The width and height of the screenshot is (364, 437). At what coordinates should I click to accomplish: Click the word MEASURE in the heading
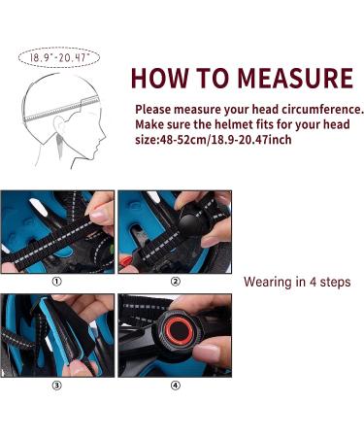point(295,79)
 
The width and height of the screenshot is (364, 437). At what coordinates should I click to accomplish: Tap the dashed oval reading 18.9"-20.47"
point(59,57)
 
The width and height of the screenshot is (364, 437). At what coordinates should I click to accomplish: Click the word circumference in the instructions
point(321,110)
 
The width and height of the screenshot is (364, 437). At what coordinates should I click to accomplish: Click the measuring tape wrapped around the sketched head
point(61,108)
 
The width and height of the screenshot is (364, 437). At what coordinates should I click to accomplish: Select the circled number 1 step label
point(56,282)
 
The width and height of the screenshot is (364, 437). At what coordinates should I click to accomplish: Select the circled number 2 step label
point(175,282)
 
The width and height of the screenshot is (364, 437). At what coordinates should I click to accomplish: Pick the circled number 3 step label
point(56,386)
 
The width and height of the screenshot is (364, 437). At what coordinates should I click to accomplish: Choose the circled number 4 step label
point(175,386)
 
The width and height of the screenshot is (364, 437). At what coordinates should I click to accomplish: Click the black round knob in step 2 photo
point(191,226)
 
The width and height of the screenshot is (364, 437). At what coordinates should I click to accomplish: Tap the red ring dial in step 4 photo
point(178,330)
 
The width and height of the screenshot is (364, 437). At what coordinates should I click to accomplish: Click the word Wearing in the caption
point(268,283)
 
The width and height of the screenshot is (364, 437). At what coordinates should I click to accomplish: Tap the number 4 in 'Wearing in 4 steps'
point(313,282)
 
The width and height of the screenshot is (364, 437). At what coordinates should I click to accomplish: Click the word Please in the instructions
point(152,110)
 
